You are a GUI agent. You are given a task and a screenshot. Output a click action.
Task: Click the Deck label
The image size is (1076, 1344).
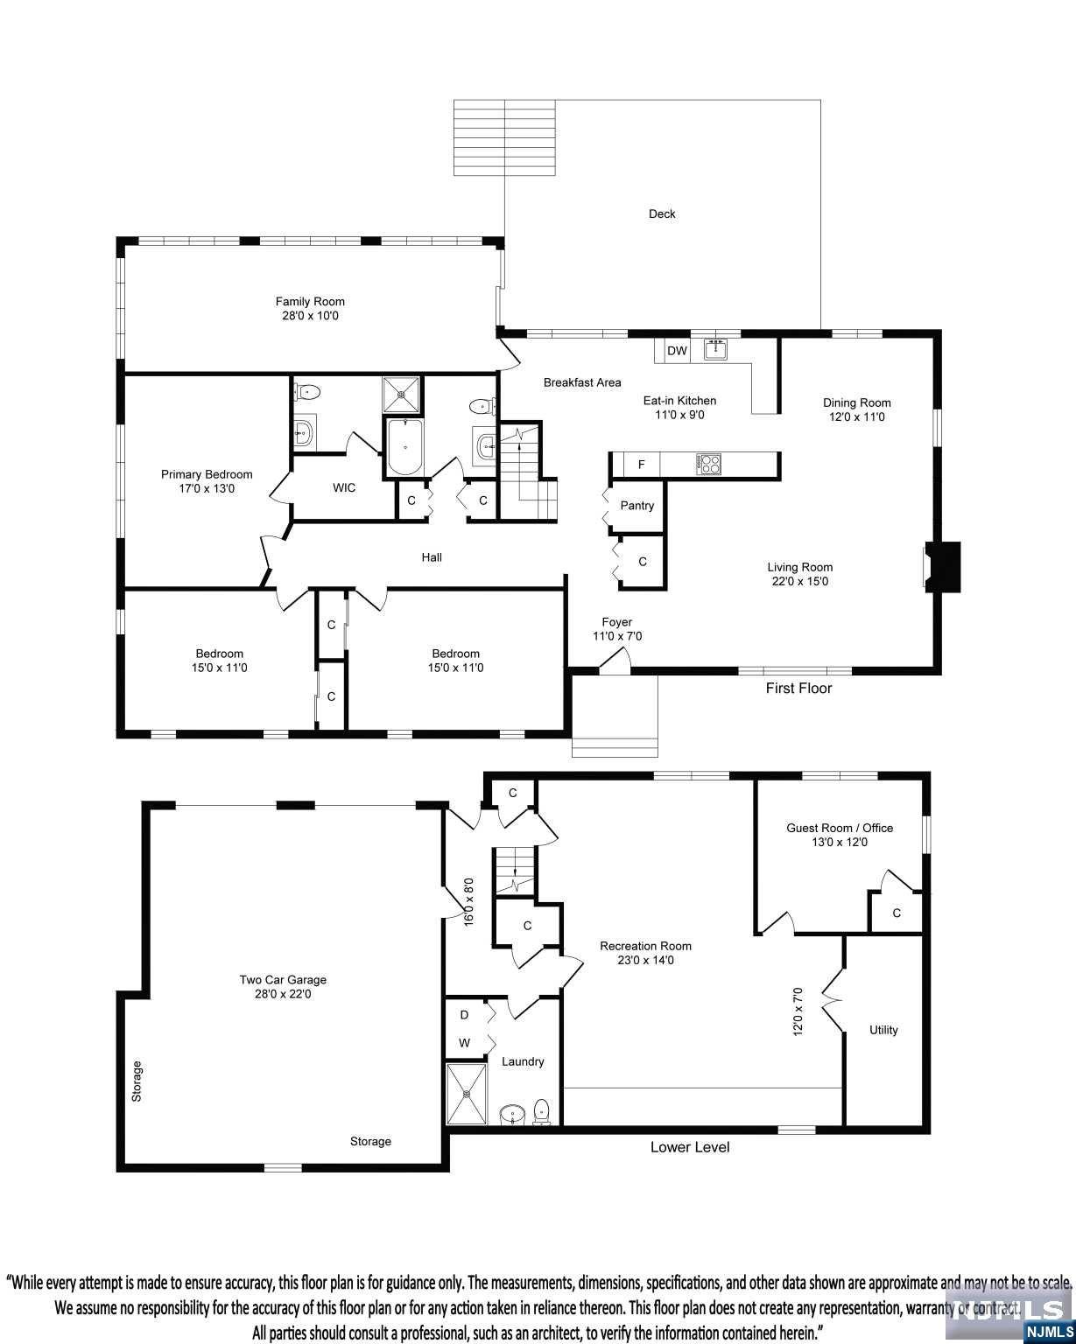point(662,213)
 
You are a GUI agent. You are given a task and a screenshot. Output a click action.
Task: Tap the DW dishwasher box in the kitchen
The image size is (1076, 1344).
point(676,350)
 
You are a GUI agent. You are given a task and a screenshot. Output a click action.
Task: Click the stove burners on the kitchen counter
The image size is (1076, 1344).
point(708,464)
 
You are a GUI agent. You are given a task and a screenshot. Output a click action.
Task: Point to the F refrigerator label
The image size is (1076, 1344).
point(641,464)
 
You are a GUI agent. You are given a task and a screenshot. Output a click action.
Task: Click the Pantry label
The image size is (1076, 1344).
point(636,505)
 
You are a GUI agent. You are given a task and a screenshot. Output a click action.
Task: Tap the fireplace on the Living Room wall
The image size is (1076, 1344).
point(942,566)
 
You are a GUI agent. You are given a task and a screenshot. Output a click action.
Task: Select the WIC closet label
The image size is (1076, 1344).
point(344,487)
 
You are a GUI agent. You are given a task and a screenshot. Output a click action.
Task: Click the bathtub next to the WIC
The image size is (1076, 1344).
point(404,447)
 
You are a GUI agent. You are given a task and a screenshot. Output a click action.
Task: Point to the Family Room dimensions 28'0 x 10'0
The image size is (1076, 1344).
point(310,315)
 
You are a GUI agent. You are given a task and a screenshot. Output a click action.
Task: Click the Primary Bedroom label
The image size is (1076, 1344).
point(207,474)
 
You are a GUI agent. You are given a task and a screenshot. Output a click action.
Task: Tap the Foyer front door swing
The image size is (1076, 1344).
point(615,660)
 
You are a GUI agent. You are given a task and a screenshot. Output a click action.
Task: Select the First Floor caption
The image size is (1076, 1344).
point(798,688)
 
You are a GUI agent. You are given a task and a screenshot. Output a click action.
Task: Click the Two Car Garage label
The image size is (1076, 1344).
point(283,979)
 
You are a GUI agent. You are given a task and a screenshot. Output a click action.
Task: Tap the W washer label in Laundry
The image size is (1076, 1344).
point(464,1042)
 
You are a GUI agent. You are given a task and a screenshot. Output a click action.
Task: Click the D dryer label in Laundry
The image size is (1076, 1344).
point(464,1015)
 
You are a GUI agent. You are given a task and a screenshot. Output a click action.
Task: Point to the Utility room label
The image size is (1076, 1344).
point(883,1030)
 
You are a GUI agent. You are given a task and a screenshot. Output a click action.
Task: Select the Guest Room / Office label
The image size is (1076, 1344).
point(840,828)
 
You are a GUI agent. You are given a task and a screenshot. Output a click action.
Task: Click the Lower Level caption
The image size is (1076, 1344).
point(690,1146)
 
